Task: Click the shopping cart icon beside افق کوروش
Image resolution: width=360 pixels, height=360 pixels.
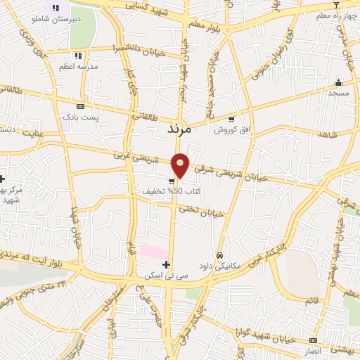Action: pos(231,120)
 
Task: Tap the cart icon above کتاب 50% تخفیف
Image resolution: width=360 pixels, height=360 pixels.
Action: pos(172,181)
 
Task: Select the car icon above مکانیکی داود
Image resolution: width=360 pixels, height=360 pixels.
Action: pos(220,255)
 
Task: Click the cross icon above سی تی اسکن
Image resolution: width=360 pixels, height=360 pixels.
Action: pos(166,265)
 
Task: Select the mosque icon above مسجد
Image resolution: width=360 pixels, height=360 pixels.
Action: pos(338,82)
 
